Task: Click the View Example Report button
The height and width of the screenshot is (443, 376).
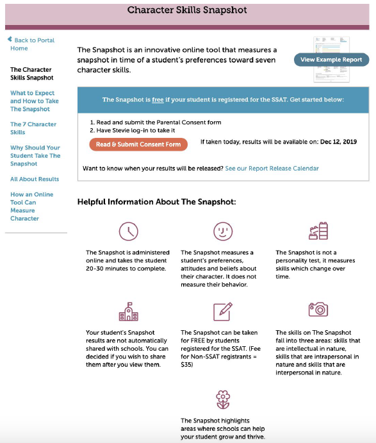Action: (331, 60)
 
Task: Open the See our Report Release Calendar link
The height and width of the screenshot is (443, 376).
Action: (272, 169)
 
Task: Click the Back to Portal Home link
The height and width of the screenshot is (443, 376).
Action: (31, 44)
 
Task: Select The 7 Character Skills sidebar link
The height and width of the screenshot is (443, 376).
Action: (33, 128)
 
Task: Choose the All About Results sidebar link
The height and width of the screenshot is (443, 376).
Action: (35, 179)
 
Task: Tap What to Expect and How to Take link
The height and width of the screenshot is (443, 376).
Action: (35, 101)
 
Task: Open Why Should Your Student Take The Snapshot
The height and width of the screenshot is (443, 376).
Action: (35, 156)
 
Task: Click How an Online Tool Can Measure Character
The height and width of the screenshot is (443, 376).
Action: (31, 206)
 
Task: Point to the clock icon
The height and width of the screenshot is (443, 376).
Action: (129, 231)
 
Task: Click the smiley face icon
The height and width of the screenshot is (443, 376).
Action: (223, 231)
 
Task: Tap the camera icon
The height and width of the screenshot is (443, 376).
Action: (318, 310)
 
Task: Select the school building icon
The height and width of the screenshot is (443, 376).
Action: (129, 312)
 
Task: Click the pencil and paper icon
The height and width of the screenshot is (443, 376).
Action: (223, 312)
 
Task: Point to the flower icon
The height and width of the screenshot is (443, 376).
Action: (223, 400)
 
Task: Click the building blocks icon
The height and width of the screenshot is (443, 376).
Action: (318, 231)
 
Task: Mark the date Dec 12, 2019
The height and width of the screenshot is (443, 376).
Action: (338, 142)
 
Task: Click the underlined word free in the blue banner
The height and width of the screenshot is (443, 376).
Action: (158, 100)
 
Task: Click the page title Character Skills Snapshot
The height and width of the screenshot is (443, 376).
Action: (187, 10)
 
